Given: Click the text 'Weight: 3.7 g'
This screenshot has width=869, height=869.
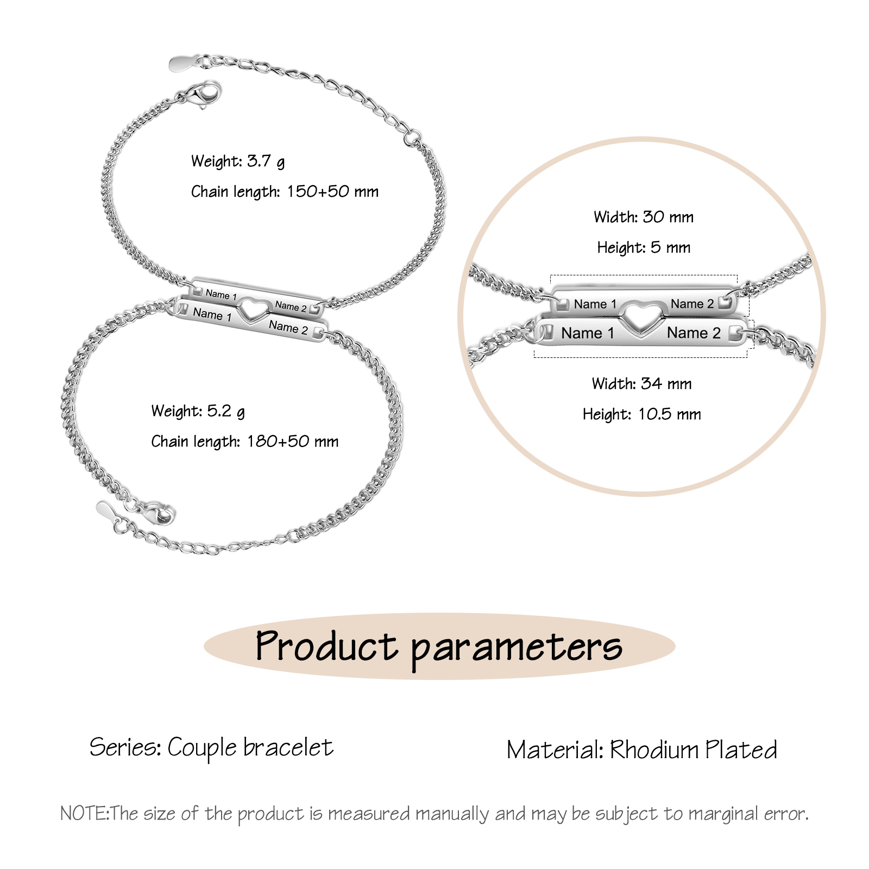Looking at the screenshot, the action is (x=238, y=161).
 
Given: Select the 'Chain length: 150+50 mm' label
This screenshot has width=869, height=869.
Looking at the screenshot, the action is (x=285, y=192).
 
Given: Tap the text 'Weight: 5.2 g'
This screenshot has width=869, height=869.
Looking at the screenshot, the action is (x=198, y=411).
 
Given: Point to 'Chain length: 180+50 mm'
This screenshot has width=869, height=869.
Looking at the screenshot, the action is (x=245, y=442).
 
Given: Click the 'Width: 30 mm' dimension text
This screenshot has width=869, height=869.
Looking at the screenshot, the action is (x=644, y=217).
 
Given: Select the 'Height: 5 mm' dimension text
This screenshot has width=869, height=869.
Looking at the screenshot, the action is (x=644, y=248).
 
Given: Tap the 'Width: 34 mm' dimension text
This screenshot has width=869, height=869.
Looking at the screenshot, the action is (x=642, y=384).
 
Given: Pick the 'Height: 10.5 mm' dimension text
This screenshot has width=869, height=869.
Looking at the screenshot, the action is (x=642, y=414).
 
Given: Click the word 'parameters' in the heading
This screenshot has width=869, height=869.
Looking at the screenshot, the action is (x=517, y=650).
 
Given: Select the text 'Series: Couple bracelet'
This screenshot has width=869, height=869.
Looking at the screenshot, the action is (x=211, y=748).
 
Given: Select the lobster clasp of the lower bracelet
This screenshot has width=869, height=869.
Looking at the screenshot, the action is (x=156, y=513).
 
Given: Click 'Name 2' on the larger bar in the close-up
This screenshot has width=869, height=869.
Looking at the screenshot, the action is (x=694, y=332).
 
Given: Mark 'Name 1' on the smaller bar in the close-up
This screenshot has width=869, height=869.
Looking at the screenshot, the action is (x=595, y=304).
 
